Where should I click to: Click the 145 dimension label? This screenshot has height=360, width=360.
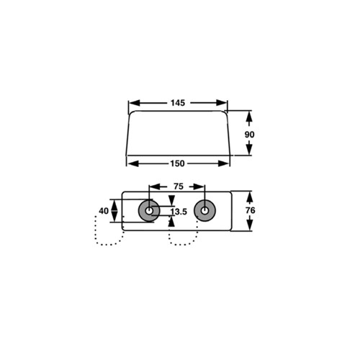[178, 103]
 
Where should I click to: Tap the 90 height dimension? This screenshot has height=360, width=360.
[250, 134]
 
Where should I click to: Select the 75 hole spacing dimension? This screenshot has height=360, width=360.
[178, 186]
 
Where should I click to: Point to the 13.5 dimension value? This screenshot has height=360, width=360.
[178, 212]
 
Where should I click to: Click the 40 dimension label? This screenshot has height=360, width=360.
[104, 212]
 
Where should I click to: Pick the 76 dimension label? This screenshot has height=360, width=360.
[250, 211]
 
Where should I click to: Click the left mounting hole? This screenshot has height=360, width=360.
[150, 212]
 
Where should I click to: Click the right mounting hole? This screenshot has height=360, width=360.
[206, 212]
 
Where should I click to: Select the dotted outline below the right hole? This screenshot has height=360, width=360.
[184, 238]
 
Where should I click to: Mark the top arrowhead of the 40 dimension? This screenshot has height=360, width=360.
[114, 202]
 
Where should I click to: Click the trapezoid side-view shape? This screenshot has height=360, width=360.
[178, 133]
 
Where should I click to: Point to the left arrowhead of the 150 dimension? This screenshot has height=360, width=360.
[131, 163]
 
